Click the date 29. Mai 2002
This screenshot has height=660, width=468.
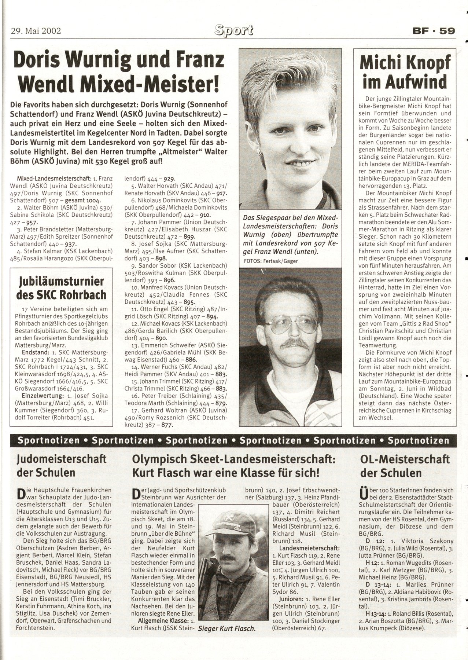(36, 30)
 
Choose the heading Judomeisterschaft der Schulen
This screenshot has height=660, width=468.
(61, 465)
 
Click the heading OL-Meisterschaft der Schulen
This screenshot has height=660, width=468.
(404, 465)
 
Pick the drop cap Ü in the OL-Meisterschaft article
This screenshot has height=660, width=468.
(364, 493)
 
